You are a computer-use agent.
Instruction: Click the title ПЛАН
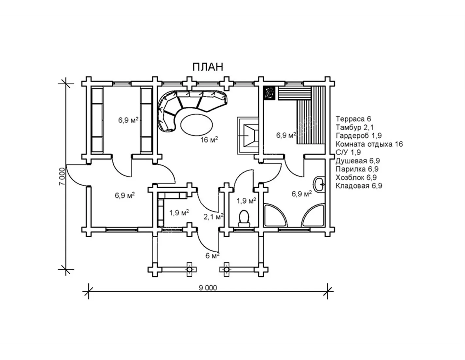[208, 67]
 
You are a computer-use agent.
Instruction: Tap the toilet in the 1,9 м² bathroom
[244, 219]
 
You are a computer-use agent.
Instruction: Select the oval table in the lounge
[197, 124]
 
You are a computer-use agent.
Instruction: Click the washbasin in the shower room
[319, 184]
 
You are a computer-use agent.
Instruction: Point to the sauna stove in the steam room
[269, 93]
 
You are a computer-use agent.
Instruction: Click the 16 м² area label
[209, 140]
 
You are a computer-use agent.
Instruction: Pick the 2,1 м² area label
[214, 217]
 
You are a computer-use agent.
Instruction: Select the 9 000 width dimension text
[208, 288]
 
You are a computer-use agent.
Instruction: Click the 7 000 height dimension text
[62, 176]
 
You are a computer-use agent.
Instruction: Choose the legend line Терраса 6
[353, 119]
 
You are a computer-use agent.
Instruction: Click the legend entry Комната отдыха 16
[369, 144]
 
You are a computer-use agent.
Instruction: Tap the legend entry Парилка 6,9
[357, 169]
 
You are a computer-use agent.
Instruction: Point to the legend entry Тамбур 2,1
[354, 127]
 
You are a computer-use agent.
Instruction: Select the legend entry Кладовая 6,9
[359, 186]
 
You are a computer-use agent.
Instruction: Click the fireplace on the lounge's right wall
[248, 135]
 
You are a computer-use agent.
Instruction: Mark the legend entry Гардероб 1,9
[359, 135]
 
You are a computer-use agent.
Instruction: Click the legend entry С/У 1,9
[348, 152]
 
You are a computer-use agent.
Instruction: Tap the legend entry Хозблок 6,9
[356, 177]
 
